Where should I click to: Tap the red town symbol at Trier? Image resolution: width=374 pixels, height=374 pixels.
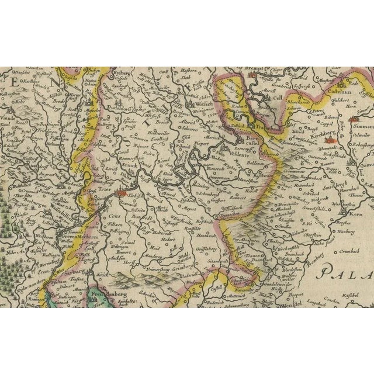tap(122, 192)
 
